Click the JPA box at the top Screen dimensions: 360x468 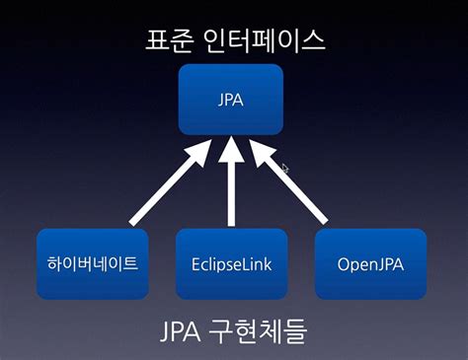click(230, 100)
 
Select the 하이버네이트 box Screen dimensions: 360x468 click(92, 264)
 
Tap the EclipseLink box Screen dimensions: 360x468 click(231, 264)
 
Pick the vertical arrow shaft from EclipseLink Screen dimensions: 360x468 click(231, 197)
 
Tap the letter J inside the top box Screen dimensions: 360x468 click(220, 100)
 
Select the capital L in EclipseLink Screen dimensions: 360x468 click(249, 264)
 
